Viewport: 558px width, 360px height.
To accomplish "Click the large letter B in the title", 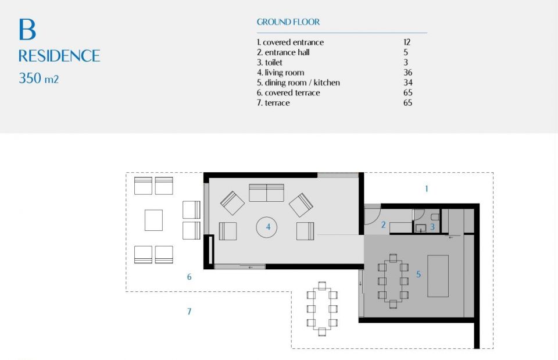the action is pyautogui.click(x=27, y=29).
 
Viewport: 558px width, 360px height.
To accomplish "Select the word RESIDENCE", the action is pyautogui.click(x=59, y=56).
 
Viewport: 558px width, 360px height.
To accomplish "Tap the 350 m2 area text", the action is pyautogui.click(x=38, y=78).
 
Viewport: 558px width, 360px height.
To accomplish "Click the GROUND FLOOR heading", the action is pyautogui.click(x=288, y=22).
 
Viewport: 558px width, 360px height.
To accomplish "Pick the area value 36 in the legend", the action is pyautogui.click(x=408, y=73).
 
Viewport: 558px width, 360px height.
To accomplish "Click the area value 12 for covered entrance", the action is pyautogui.click(x=407, y=42).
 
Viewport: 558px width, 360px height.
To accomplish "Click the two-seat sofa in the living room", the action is pyautogui.click(x=266, y=193).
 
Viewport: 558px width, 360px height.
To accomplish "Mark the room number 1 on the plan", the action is pyautogui.click(x=426, y=189).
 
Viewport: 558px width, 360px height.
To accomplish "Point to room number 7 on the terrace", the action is pyautogui.click(x=189, y=311).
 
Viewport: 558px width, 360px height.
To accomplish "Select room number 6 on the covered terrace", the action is pyautogui.click(x=189, y=277).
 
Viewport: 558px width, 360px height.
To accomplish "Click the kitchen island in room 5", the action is pyautogui.click(x=438, y=276).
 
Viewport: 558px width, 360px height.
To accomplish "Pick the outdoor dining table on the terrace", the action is pyautogui.click(x=322, y=309).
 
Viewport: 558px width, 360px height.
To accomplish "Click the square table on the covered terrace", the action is pyautogui.click(x=153, y=220).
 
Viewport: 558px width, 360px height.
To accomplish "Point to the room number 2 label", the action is pyautogui.click(x=383, y=224).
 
